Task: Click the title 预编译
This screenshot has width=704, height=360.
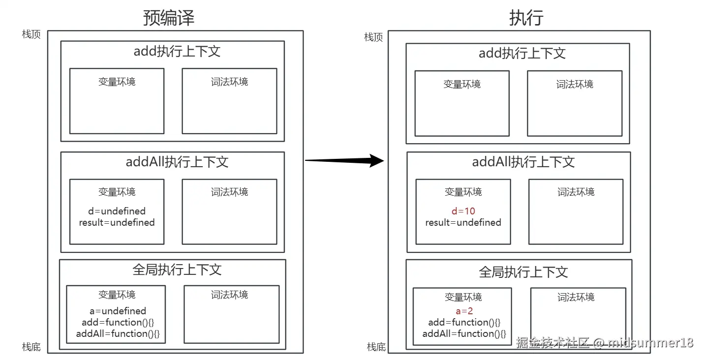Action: coord(169,18)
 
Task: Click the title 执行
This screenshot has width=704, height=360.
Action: coord(526,18)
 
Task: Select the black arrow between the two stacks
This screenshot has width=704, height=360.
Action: coord(344,160)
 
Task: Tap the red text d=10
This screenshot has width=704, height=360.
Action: coord(463,211)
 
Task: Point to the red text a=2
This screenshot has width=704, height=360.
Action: coord(464,311)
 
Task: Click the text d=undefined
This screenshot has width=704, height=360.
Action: coord(117,211)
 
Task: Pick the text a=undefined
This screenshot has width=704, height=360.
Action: coord(118,311)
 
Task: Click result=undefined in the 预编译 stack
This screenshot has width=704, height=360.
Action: coord(117,222)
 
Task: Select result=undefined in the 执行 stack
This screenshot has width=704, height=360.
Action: coord(463,222)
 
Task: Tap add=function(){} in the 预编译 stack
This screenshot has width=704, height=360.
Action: coord(118,322)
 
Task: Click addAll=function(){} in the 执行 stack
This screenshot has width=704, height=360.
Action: coord(464,333)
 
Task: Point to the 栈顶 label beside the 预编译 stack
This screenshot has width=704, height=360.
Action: coord(31,34)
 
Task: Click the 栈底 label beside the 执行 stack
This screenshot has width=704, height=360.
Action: coord(376,347)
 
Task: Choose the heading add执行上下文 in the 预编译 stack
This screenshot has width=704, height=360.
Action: coord(177,51)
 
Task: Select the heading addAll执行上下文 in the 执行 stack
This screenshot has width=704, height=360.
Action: coord(523,162)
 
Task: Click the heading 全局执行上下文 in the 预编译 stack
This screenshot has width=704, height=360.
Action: coord(177,270)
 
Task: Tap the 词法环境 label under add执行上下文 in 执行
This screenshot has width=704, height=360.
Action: coord(575,84)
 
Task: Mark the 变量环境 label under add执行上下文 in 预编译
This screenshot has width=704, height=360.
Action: coord(117,82)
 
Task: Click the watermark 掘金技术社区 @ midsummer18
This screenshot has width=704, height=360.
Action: coord(604,343)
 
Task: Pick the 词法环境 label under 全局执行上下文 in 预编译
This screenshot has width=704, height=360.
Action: coord(229,295)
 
